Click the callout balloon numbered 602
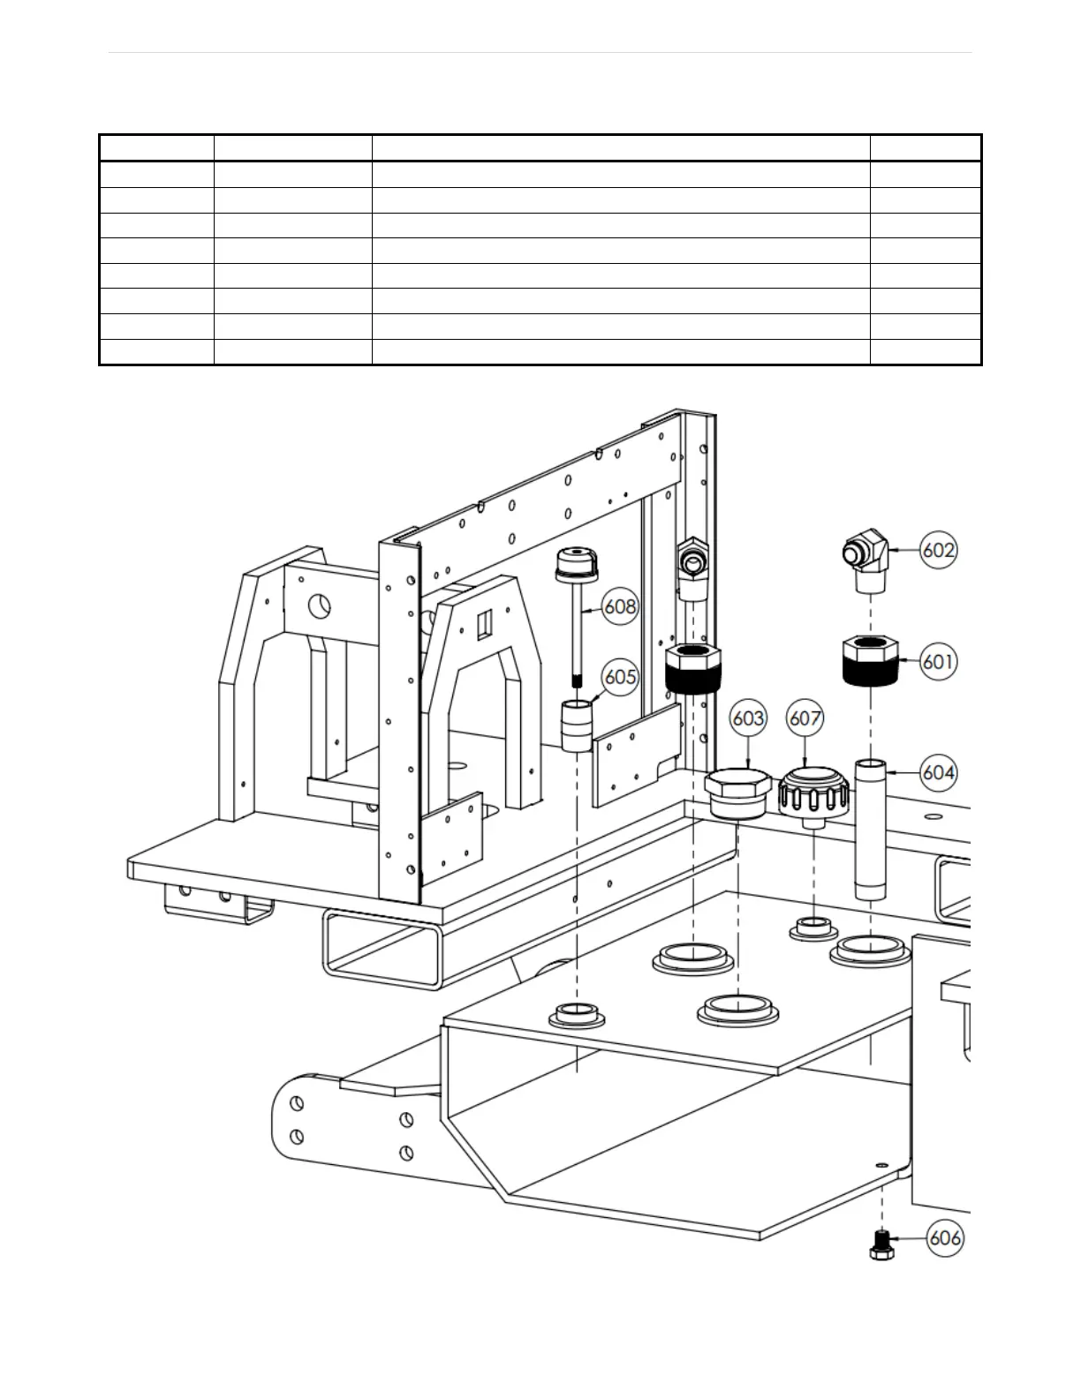click(x=938, y=550)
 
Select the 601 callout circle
click(x=938, y=660)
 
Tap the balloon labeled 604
click(x=938, y=772)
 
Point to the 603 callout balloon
click(x=748, y=718)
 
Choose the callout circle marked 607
click(x=805, y=718)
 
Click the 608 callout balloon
click(x=621, y=606)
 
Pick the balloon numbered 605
click(x=621, y=676)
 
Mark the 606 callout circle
click(x=945, y=1237)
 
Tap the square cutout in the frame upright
click(x=482, y=626)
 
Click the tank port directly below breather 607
click(x=813, y=928)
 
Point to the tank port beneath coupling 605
click(x=577, y=1016)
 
